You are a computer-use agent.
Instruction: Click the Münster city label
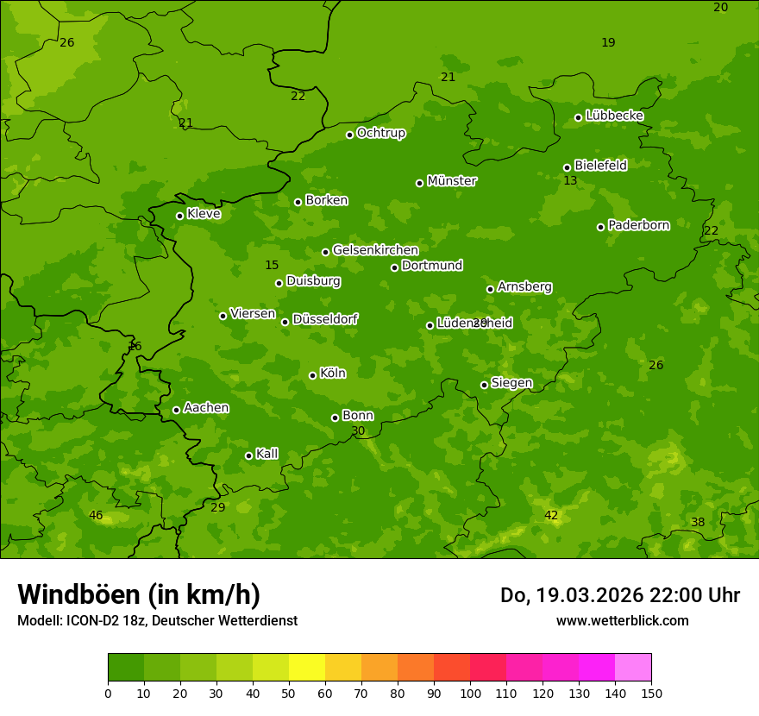451,181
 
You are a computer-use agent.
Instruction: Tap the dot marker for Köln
312,375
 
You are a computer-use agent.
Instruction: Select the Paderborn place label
638,225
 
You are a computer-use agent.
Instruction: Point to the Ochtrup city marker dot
349,135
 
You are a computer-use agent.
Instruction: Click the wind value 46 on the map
96,516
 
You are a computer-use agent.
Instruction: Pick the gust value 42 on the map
551,516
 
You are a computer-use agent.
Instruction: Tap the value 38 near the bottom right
698,522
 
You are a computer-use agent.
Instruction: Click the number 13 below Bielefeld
570,181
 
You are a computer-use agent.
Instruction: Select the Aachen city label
206,408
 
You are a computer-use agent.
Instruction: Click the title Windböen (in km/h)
139,594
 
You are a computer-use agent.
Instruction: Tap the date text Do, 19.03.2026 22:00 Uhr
619,595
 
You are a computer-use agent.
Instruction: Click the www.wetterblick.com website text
622,620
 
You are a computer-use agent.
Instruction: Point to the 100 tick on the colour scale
470,693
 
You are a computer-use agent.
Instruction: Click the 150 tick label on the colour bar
651,693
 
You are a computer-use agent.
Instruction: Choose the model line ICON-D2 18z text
157,620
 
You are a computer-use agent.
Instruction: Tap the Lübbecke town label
614,116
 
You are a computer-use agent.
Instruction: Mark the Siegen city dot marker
484,385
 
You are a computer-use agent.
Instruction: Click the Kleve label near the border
204,214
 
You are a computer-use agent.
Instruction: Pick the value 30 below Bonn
358,430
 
